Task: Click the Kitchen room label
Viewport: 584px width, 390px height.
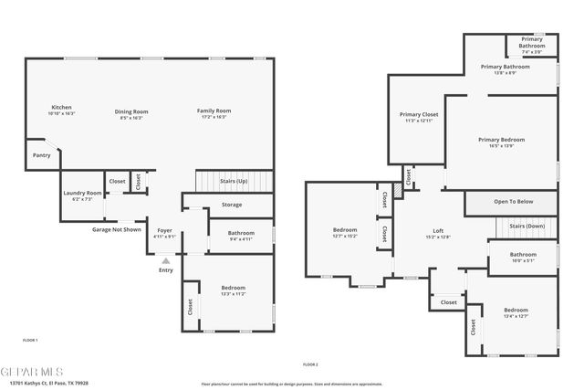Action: click(x=62, y=108)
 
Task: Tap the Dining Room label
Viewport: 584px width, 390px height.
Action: click(x=131, y=111)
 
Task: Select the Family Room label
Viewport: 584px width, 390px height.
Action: click(x=212, y=111)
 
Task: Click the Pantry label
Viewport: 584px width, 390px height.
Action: click(x=41, y=155)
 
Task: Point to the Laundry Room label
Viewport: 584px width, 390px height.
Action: click(x=81, y=193)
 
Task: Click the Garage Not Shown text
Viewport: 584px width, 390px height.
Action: click(x=116, y=229)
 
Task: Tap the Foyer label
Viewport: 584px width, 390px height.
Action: click(x=165, y=230)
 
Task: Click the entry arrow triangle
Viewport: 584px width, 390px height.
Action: click(x=165, y=259)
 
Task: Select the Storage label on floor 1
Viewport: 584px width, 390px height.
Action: click(x=232, y=205)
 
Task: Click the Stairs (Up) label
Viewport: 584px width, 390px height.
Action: click(x=235, y=181)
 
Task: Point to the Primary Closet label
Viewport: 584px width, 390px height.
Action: click(x=418, y=115)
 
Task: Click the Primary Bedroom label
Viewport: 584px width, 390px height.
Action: click(x=502, y=140)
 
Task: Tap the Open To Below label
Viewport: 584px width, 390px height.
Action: click(x=513, y=202)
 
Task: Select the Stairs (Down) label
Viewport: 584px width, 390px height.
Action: click(x=527, y=225)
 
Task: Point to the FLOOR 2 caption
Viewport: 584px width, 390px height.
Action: click(x=310, y=364)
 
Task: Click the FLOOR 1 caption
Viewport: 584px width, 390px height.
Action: click(x=30, y=340)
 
